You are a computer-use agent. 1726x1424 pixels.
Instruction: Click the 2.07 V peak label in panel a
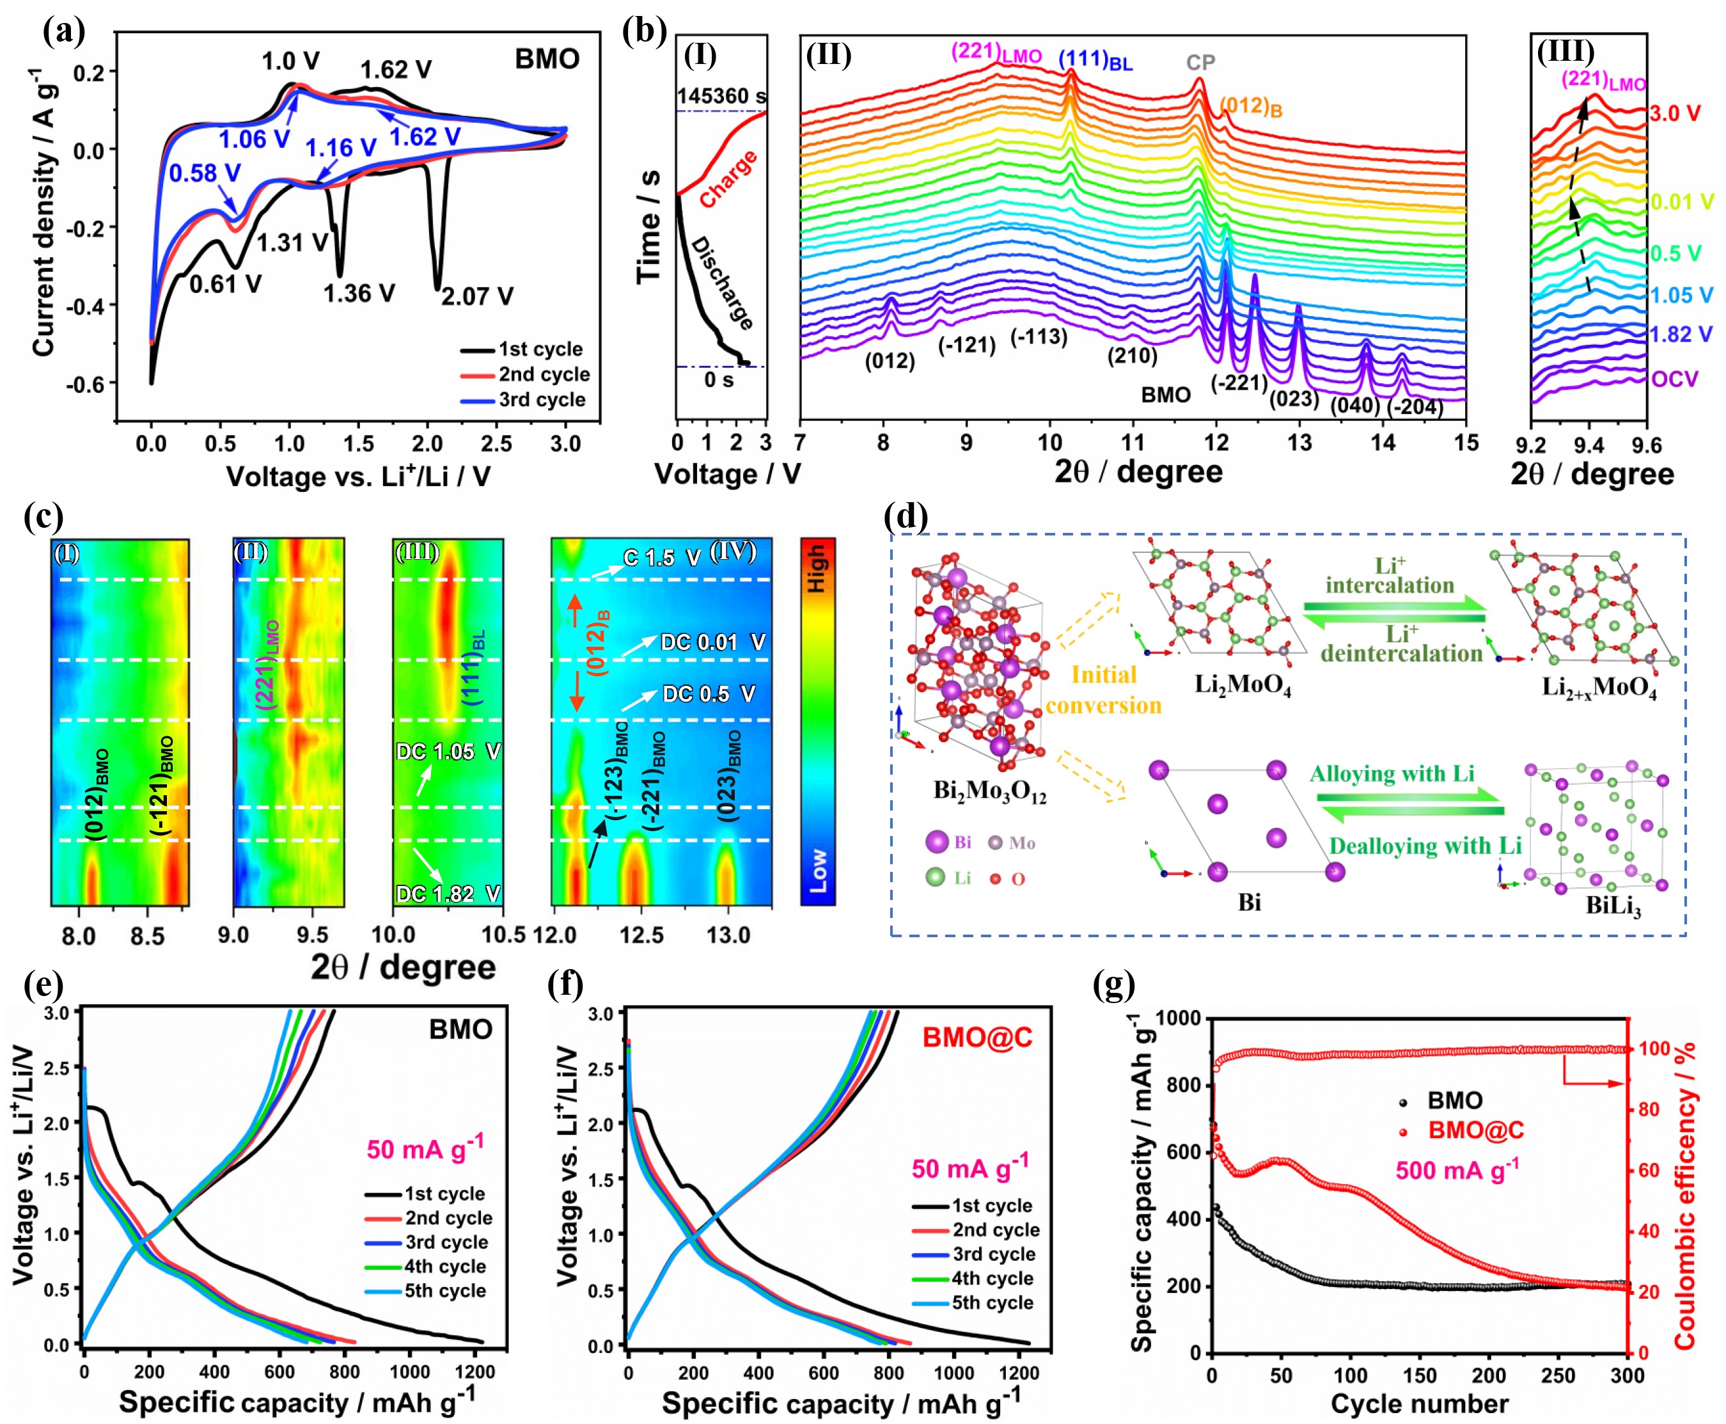[x=477, y=296]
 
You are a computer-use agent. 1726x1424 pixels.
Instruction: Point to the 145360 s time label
[x=721, y=96]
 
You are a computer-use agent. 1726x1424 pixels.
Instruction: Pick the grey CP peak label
[x=1200, y=62]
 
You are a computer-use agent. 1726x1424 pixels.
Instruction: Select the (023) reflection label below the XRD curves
[x=1294, y=399]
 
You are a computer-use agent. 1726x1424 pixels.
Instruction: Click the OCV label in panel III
[x=1674, y=379]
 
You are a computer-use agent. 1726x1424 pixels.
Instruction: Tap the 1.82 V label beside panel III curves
[x=1681, y=334]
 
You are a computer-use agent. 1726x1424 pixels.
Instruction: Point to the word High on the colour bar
[x=817, y=569]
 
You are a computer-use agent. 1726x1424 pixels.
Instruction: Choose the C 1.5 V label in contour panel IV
[x=661, y=558]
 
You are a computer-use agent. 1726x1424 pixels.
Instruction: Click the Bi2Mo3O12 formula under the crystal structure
[x=990, y=791]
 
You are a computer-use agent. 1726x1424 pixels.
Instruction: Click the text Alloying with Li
[x=1392, y=773]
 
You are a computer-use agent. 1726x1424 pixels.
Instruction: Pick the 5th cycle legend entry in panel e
[x=444, y=1290]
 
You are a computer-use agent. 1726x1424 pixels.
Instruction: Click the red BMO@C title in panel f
[x=977, y=1038]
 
